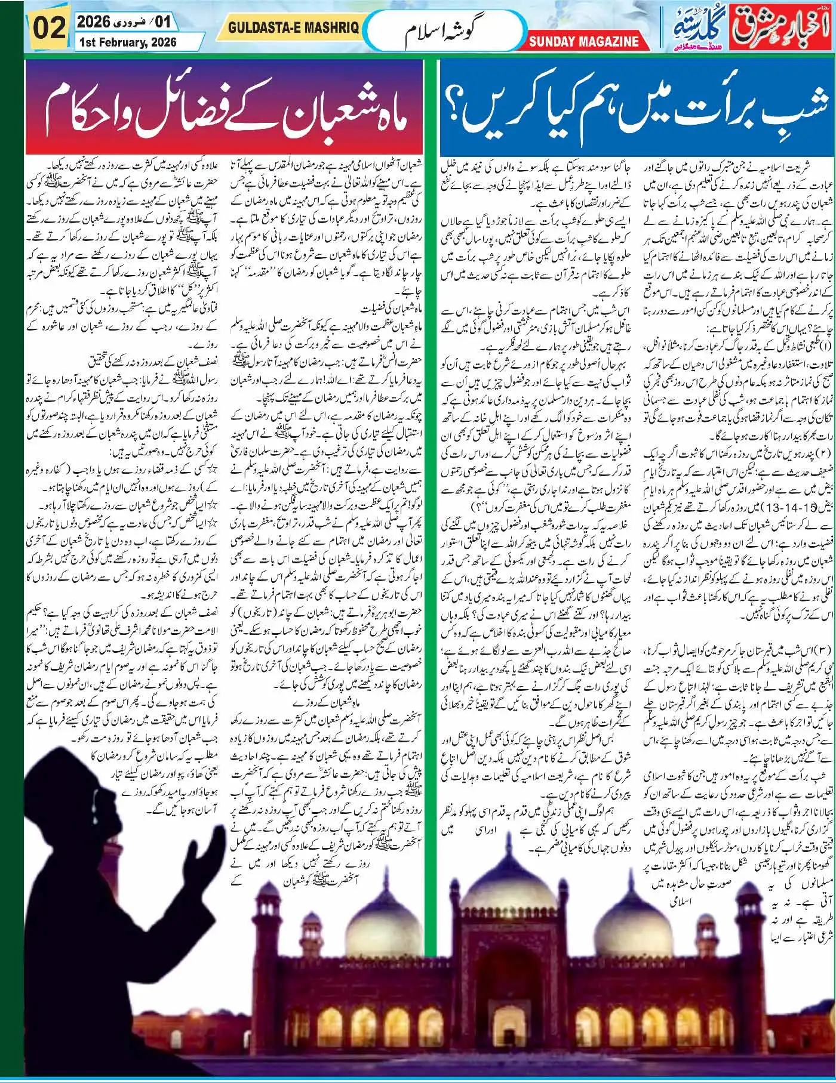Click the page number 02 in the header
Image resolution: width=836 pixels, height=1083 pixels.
49,28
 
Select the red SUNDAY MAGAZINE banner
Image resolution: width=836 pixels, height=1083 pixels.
583,41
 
